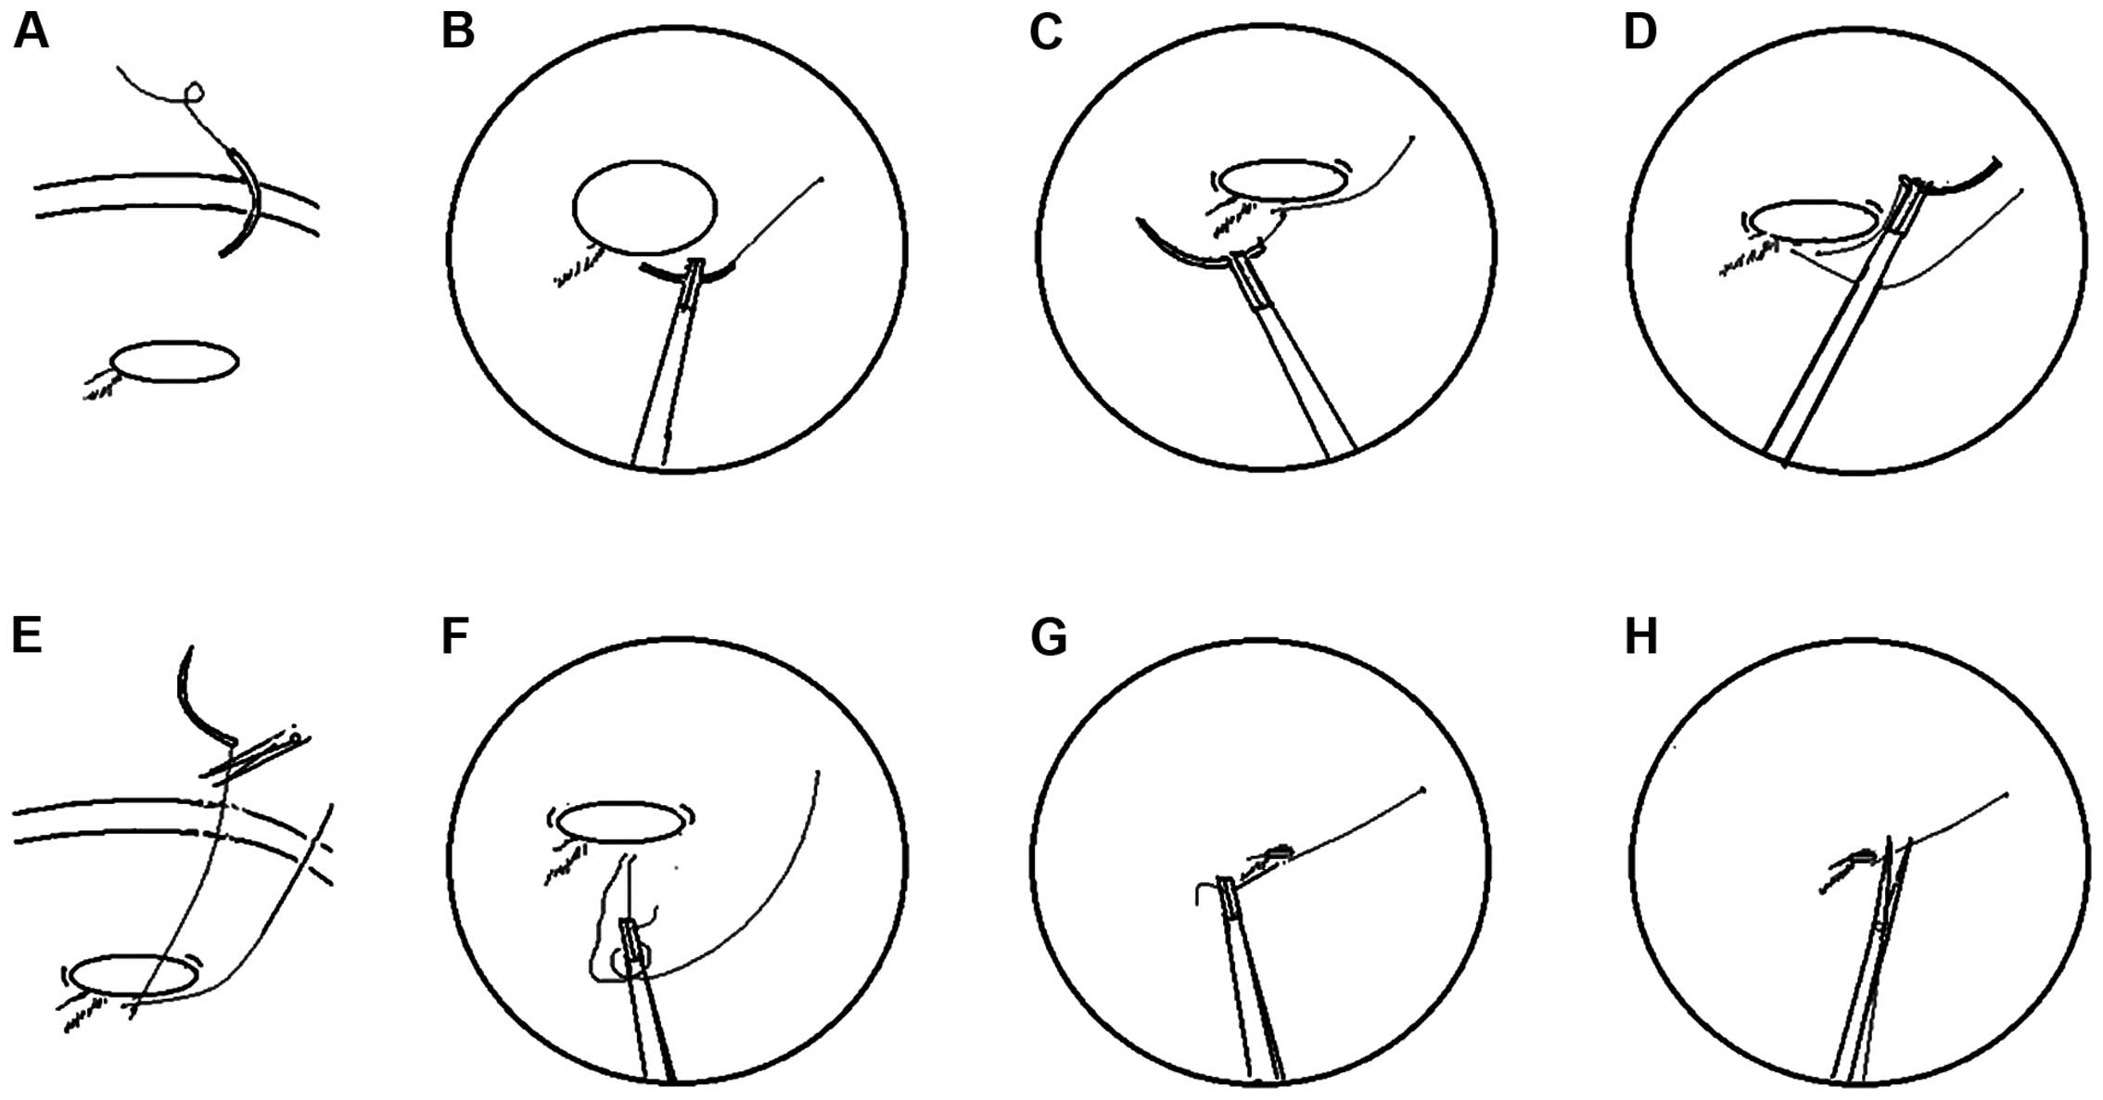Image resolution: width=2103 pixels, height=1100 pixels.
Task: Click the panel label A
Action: pyautogui.click(x=30, y=32)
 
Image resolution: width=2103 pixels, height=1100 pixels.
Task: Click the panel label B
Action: pyautogui.click(x=458, y=32)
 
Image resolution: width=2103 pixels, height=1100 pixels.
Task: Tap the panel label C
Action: pyautogui.click(x=1046, y=32)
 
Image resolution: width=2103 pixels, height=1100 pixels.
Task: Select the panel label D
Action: pyautogui.click(x=1640, y=32)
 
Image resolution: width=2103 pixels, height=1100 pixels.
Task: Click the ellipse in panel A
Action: pyautogui.click(x=173, y=342)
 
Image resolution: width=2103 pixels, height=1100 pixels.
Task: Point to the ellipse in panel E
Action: pyautogui.click(x=134, y=957)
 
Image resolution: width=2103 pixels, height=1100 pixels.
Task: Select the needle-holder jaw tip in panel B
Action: pyautogui.click(x=694, y=267)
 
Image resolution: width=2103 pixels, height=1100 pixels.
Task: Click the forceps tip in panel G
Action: pyautogui.click(x=1225, y=883)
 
